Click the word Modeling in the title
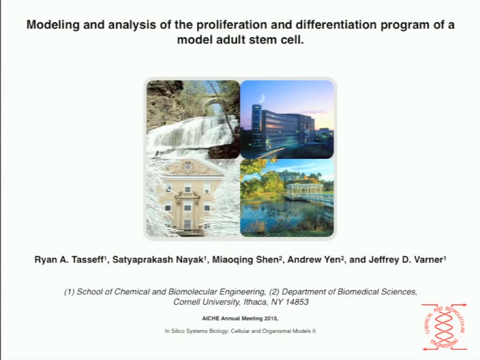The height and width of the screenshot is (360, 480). pyautogui.click(x=53, y=24)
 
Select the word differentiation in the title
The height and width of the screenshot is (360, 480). pyautogui.click(x=336, y=24)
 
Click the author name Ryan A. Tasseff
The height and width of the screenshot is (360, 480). pyautogui.click(x=69, y=260)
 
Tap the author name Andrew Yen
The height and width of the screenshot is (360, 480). pyautogui.click(x=314, y=260)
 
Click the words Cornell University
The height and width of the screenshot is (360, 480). pyautogui.click(x=206, y=302)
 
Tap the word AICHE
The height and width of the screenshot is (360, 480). pyautogui.click(x=210, y=318)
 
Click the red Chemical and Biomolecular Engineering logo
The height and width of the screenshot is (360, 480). pyautogui.click(x=444, y=327)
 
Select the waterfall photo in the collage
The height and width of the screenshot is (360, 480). pyautogui.click(x=193, y=120)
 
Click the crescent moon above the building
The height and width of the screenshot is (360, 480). pyautogui.click(x=262, y=98)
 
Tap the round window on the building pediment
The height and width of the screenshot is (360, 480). pyautogui.click(x=188, y=167)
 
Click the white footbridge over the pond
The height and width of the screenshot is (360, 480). pyautogui.click(x=309, y=193)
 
